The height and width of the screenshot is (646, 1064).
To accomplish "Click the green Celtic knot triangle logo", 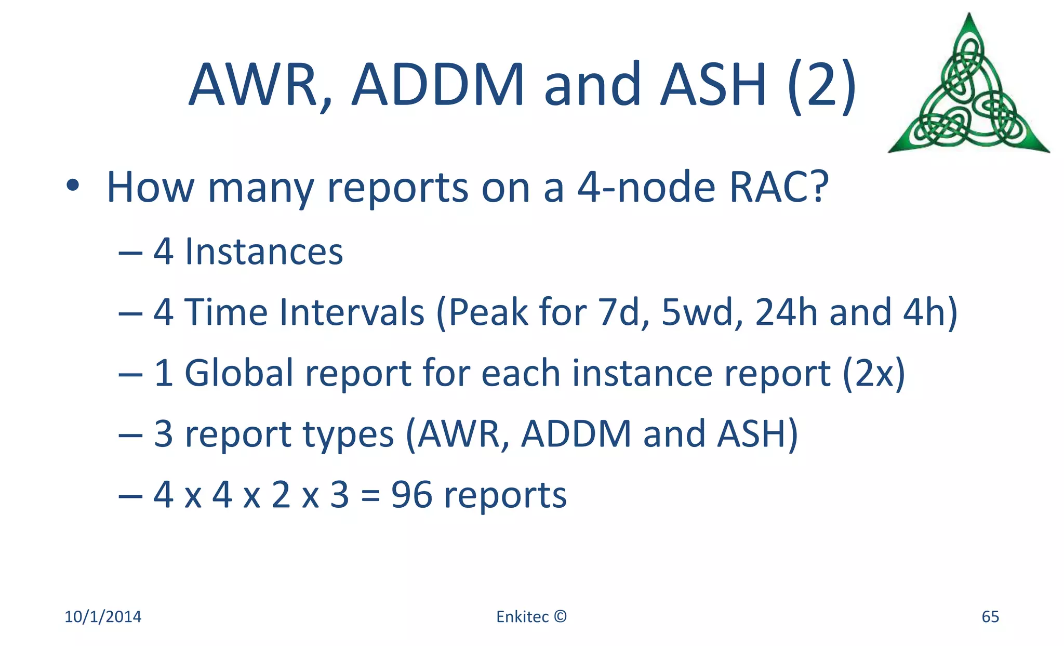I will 969,88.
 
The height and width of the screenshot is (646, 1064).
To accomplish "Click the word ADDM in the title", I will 437,85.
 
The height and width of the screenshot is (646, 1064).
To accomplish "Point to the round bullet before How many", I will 73,186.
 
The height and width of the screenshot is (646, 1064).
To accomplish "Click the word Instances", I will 264,252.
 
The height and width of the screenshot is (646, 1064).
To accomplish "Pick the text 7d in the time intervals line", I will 623,312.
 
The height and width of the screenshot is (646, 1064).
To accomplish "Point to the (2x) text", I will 874,373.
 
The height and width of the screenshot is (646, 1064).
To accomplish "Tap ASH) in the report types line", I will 757,434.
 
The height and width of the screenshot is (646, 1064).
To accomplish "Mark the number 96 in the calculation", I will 411,495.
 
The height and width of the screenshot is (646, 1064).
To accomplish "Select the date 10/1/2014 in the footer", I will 103,617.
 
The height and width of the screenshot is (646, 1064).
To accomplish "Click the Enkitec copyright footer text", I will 531,617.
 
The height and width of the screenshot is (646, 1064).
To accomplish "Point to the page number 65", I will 990,617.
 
